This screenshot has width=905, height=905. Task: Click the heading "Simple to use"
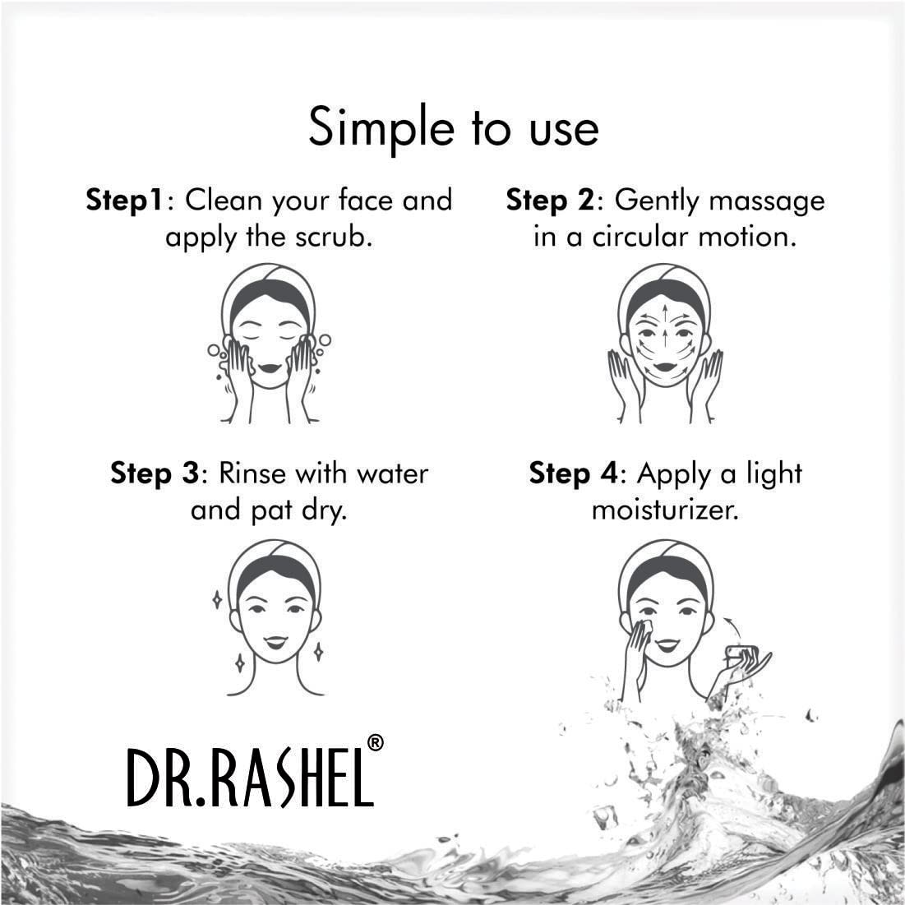point(453,128)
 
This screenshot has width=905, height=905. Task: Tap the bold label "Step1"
point(126,200)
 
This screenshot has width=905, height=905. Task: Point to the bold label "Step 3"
point(155,473)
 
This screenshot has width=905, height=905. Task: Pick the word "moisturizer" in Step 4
point(664,510)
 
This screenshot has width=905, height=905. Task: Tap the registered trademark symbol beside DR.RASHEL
point(374,743)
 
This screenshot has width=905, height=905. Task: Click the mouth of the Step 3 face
point(275,642)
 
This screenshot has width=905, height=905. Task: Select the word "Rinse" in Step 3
point(253,473)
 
